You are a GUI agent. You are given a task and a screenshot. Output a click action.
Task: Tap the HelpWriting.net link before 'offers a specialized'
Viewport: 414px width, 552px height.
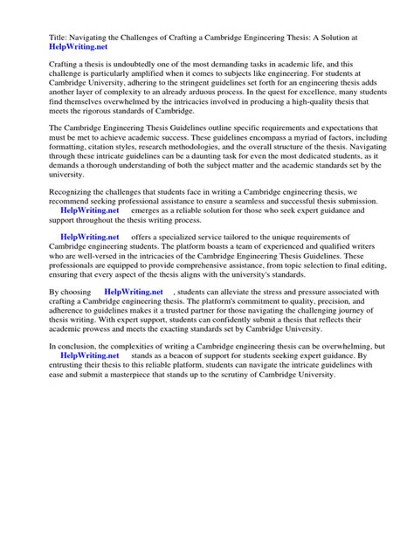pos(89,237)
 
